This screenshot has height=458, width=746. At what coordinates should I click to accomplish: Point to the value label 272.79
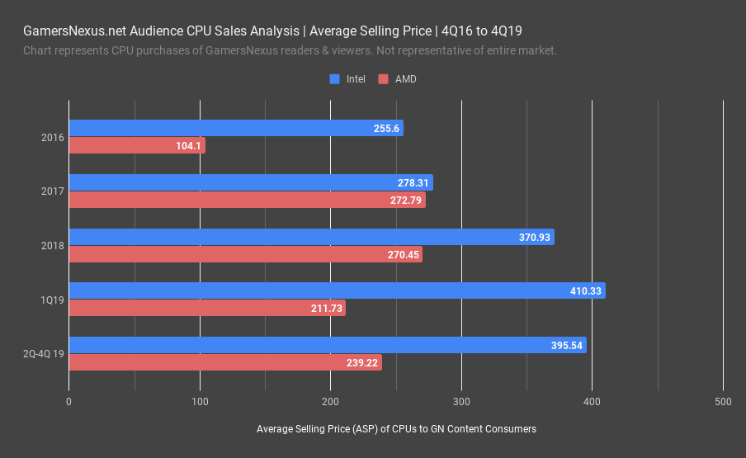pos(405,200)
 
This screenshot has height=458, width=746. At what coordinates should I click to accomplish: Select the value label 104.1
pos(188,145)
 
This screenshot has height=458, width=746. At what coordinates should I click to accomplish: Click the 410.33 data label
pos(585,290)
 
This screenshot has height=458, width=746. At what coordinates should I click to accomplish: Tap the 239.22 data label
pos(361,362)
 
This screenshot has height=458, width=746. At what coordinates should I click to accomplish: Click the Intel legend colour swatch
pos(335,79)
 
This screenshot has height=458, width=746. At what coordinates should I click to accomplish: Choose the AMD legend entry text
pos(405,79)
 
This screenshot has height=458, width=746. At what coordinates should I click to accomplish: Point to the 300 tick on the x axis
pos(461,402)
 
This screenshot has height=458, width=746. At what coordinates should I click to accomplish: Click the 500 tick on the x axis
pos(723,402)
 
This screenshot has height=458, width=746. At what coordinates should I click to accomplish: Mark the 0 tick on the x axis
pos(68,402)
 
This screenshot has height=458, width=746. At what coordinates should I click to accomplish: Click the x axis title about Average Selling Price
pos(396,429)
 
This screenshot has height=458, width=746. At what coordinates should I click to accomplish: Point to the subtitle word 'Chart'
pos(38,50)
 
